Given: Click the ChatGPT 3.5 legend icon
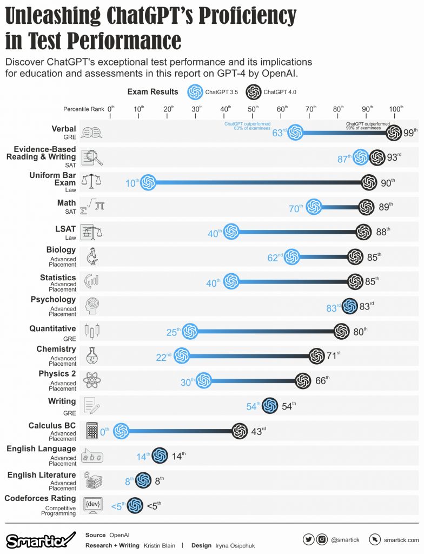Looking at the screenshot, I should pos(195,92).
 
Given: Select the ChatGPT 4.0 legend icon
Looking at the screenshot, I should pos(253,92).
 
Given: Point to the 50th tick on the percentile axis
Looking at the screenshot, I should pos(253,109).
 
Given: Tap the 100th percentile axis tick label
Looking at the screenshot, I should pos(395,109).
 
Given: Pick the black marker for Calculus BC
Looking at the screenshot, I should pos(240,431).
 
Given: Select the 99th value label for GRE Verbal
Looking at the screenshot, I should pos(411,132).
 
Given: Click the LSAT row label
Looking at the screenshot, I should pos(65,229).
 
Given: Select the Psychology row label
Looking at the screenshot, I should pos(54,299).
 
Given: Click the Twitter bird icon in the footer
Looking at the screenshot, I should pos(309,539).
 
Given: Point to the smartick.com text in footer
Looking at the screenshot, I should pos(401,540).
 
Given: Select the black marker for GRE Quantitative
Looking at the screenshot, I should pos(341,332).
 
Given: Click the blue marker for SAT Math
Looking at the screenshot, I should pos(314,207).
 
